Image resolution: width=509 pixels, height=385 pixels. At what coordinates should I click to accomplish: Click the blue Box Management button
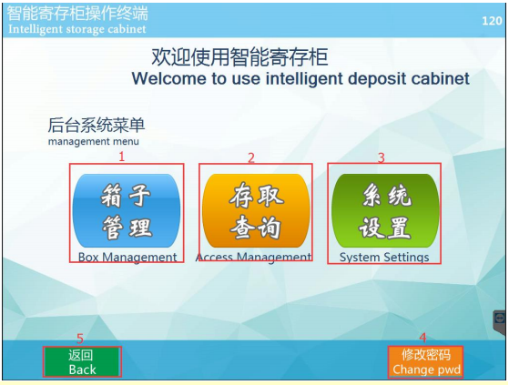[x=127, y=210]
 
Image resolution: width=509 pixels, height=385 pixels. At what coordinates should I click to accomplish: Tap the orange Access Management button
[x=256, y=210]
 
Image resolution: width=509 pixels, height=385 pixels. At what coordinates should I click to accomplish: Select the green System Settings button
[x=385, y=210]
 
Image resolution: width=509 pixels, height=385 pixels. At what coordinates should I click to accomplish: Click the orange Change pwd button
[x=425, y=362]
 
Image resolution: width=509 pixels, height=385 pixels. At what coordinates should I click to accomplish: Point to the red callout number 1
[x=122, y=157]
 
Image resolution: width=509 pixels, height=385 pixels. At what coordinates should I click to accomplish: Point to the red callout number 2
[x=251, y=158]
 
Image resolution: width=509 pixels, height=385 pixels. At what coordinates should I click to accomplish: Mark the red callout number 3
[x=382, y=158]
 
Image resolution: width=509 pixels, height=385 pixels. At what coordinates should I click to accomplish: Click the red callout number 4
[x=422, y=338]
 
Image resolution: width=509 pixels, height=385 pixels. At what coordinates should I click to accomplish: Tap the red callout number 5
[x=80, y=339]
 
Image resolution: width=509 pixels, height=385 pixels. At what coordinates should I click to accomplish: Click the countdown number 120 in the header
[x=492, y=21]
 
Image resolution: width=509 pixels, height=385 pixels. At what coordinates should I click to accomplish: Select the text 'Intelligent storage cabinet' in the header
[x=77, y=29]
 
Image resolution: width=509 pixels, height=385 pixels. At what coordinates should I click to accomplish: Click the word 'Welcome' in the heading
[x=169, y=78]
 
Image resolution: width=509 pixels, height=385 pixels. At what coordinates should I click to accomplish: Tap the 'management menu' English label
[x=94, y=142]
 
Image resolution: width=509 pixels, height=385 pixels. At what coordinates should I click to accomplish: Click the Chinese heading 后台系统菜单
[x=97, y=126]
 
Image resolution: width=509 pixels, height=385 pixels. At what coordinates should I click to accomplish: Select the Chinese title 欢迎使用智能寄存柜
[x=239, y=57]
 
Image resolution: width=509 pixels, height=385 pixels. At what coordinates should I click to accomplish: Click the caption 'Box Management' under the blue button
[x=127, y=258]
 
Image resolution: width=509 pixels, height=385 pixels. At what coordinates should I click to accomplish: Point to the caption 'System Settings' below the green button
[x=384, y=258]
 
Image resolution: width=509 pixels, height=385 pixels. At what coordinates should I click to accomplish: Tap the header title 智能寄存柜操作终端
[x=77, y=14]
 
